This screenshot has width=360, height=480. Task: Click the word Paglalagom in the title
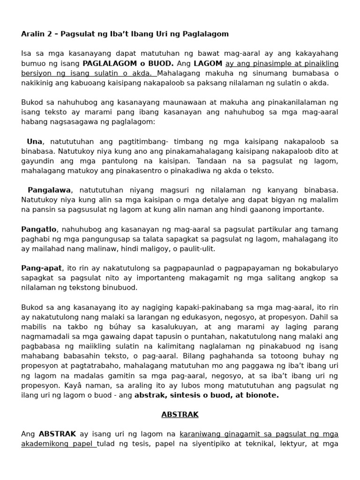[208, 34]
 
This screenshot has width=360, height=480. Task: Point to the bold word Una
[35, 141]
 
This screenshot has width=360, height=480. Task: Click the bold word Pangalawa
[49, 190]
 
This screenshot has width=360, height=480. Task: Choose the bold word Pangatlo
[39, 229]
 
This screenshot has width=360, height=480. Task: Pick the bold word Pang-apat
[41, 268]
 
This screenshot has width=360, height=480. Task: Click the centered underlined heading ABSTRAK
[180, 414]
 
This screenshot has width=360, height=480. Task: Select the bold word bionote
[263, 395]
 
